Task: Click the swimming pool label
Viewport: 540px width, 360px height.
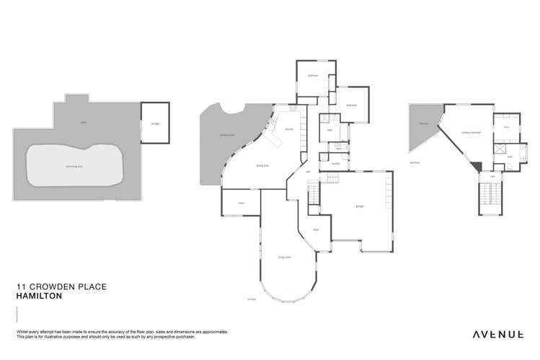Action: [x=74, y=166]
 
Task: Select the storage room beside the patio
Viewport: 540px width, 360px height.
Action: [x=154, y=123]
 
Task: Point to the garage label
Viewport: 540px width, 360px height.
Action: [x=358, y=206]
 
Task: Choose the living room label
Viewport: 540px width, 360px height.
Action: [x=284, y=257]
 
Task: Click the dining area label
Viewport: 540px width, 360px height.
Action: [x=263, y=165]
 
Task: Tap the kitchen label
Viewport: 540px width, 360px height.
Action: [x=289, y=130]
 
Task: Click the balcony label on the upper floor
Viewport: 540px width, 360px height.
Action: [x=424, y=123]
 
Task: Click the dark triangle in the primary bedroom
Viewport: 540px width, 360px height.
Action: [x=474, y=167]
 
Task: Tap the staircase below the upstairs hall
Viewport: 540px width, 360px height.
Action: [x=492, y=198]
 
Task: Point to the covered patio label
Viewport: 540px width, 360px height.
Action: [x=229, y=135]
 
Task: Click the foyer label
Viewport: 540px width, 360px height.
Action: [x=315, y=230]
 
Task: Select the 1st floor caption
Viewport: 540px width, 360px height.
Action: [x=252, y=298]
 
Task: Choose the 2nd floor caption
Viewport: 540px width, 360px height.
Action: [x=415, y=162]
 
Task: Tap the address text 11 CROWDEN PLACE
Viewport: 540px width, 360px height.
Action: [x=61, y=286]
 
